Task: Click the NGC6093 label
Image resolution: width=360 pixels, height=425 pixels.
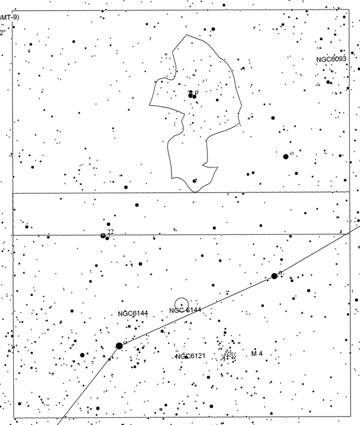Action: pos(332,60)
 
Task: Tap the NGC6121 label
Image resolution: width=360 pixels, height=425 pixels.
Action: pos(191,357)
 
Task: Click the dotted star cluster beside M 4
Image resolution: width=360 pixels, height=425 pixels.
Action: pos(229,355)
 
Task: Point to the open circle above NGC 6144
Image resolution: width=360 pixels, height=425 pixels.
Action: pos(181,304)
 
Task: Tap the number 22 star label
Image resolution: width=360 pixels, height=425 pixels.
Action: pos(110,232)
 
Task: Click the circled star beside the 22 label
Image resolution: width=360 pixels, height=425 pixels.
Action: pos(103,235)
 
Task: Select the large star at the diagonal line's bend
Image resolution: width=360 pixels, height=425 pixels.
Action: pos(119,346)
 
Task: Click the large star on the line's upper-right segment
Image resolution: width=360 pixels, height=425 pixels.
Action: pos(274,276)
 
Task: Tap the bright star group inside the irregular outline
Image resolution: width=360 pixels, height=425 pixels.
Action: pos(193,95)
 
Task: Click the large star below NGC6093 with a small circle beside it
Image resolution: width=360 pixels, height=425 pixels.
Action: pos(286,156)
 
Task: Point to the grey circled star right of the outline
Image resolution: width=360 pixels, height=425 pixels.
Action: pos(249,118)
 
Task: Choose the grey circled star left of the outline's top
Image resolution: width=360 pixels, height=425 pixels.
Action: pos(166,55)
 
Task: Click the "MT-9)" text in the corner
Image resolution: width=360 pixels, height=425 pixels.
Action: pos(10,17)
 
